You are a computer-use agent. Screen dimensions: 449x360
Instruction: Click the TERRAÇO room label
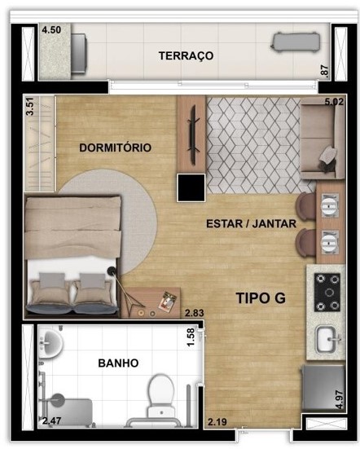coord(186,55)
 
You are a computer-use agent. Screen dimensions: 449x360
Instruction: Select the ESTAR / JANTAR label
coord(251,222)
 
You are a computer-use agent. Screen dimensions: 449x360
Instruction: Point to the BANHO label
coord(118,363)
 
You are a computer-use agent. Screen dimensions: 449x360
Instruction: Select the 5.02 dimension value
coord(335,102)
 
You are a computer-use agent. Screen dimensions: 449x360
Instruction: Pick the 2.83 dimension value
coord(194,313)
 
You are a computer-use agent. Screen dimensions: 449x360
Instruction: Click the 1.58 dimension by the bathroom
coord(191,337)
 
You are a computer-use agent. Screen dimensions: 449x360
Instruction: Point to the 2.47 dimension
coord(52,421)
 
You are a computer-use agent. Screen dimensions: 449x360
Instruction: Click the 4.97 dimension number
coord(340,402)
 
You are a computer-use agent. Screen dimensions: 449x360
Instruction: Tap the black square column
coord(191,187)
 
